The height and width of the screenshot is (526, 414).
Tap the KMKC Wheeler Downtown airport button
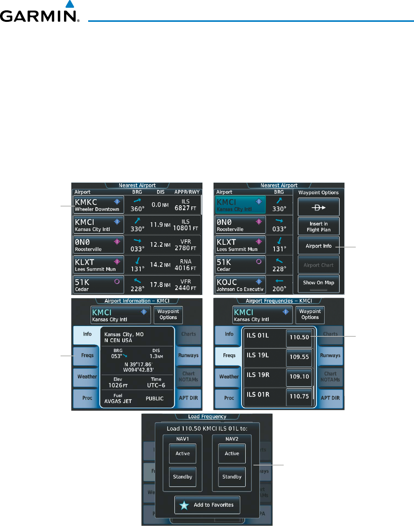99,205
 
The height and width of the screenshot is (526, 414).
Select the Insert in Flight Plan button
319,226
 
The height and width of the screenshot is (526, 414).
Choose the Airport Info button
319,246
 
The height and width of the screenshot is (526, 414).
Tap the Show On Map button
319,283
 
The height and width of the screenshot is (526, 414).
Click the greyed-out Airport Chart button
319,265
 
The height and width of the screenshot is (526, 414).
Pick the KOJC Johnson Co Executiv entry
240,285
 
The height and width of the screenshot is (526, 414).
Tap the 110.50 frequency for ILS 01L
299,338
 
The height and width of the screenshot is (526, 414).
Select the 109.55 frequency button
299,357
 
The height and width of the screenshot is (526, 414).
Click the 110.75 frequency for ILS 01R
299,397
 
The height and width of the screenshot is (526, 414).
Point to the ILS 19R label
258,375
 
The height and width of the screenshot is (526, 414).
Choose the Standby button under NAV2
232,477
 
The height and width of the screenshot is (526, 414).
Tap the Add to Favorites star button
207,505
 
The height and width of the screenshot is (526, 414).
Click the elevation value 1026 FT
118,385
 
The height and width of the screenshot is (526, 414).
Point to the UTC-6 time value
156,385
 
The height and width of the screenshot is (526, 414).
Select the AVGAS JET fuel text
118,401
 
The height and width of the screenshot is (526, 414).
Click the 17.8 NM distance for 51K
160,285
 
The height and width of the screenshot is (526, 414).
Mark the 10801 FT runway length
186,228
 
